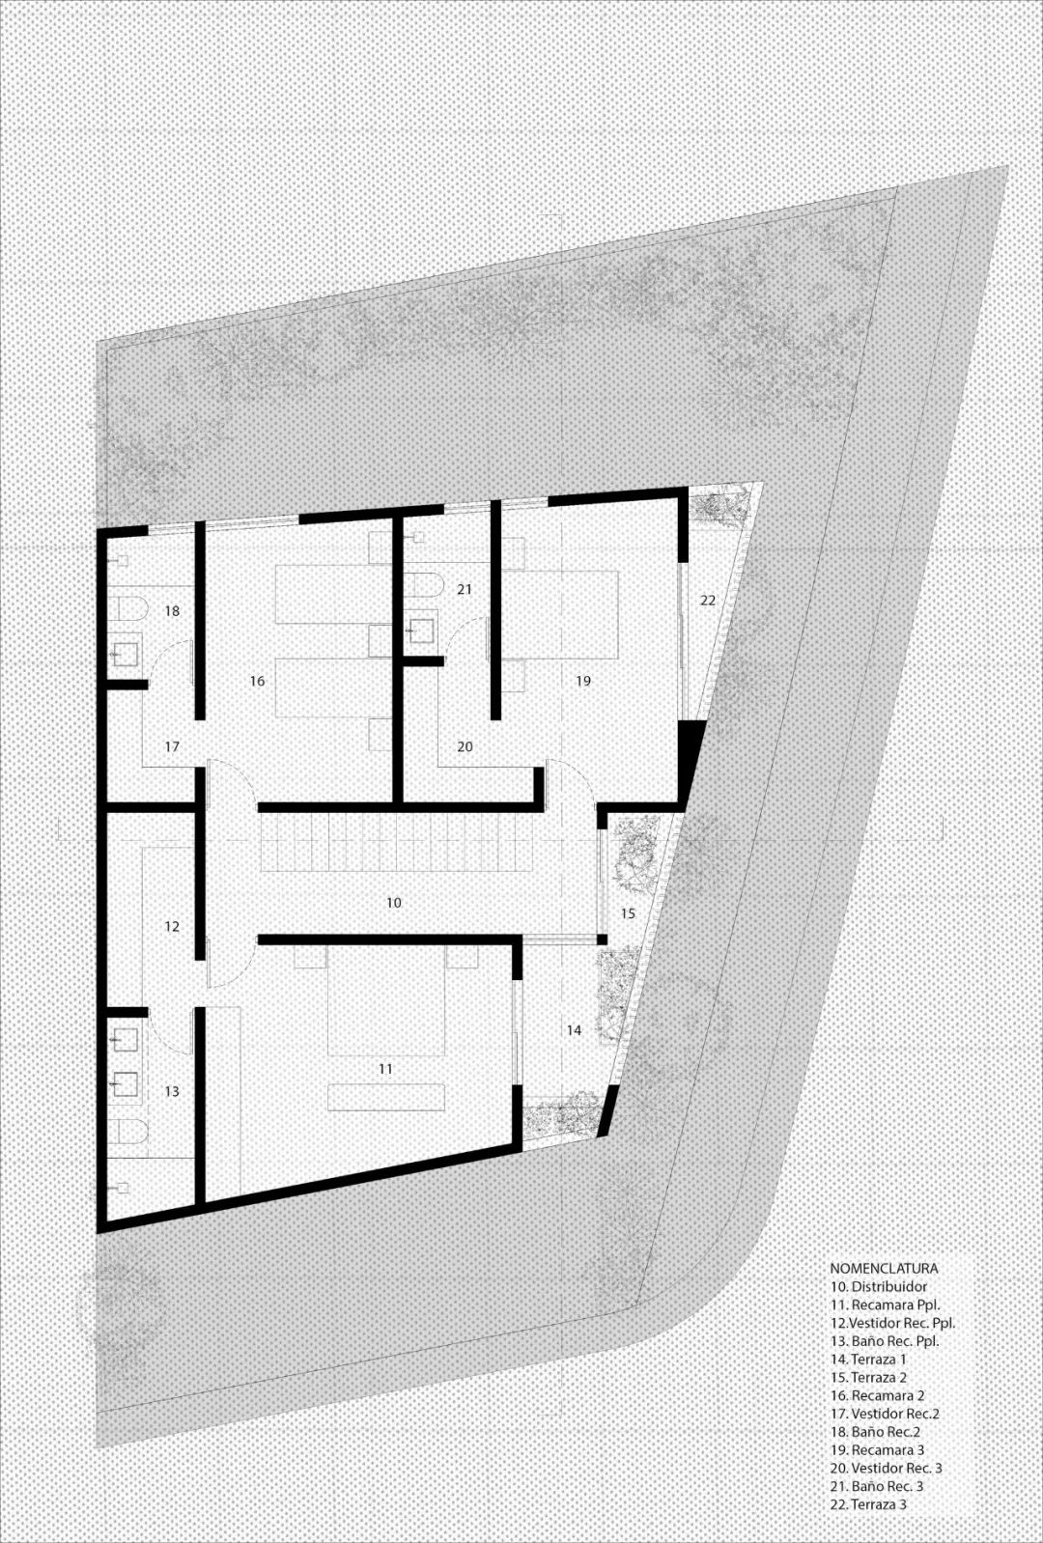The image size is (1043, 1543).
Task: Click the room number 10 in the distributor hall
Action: [x=393, y=903]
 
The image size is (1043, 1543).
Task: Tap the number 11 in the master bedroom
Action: [x=385, y=1069]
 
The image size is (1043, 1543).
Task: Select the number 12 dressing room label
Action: [x=172, y=927]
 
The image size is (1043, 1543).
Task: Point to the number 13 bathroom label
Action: [x=172, y=1091]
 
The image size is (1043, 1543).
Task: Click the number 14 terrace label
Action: [x=574, y=1030]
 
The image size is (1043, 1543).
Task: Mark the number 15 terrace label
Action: [x=628, y=912]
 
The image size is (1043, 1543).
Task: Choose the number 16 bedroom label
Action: [x=257, y=681]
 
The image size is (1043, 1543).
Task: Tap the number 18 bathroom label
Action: [x=172, y=611]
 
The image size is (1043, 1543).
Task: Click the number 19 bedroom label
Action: [x=582, y=681]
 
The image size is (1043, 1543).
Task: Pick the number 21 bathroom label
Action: [x=465, y=589]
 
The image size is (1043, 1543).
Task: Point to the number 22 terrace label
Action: [x=708, y=600]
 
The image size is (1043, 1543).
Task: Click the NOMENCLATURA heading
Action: [x=884, y=1269]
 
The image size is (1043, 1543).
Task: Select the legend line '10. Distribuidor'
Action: [x=878, y=1287]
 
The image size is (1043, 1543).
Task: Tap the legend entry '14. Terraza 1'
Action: [x=868, y=1360]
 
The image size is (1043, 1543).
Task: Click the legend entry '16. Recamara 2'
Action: [x=877, y=1395]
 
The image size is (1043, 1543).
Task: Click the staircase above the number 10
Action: [x=401, y=843]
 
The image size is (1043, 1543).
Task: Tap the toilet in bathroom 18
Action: [x=128, y=609]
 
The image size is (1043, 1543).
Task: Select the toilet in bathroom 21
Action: [x=421, y=585]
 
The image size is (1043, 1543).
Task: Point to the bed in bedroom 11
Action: [x=385, y=1004]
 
